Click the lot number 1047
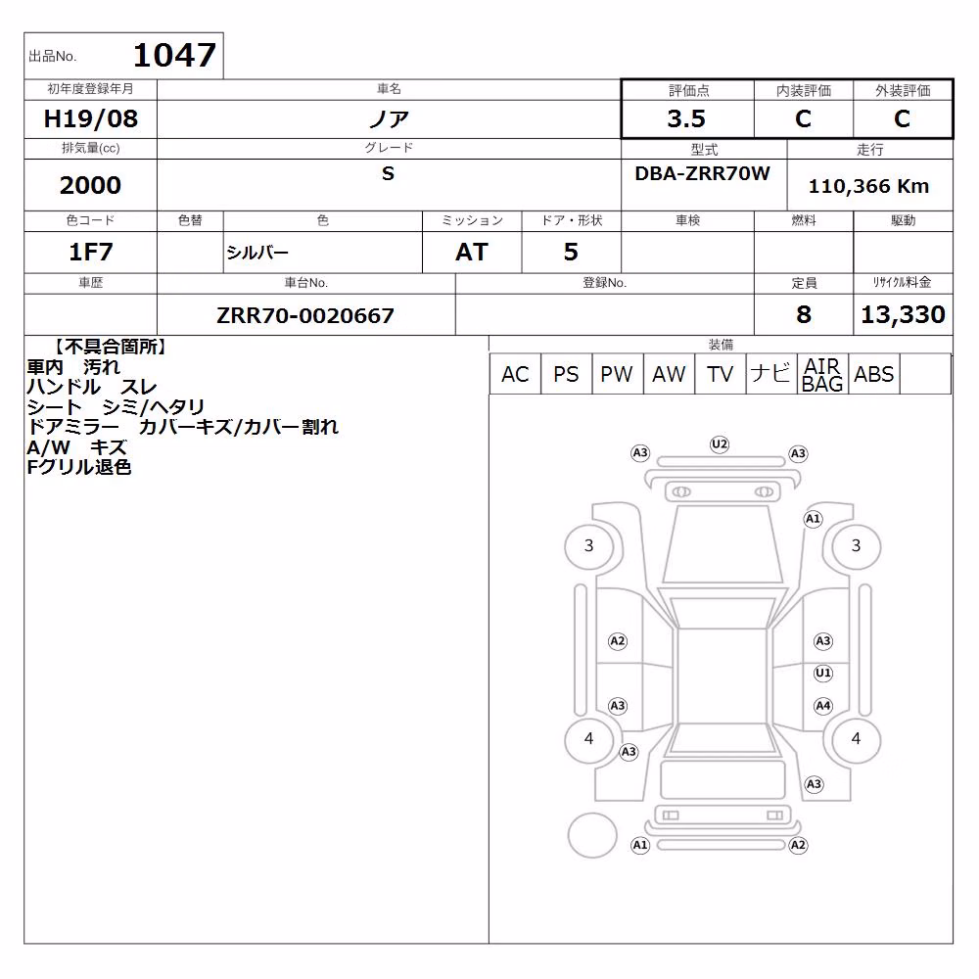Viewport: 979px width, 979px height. pos(175,55)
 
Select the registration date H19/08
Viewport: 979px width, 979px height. pos(90,118)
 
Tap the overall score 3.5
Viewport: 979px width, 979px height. pos(686,118)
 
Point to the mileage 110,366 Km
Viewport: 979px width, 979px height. pos(868,186)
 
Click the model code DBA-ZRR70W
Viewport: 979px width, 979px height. pos(702,173)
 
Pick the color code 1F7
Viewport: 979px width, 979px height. pos(90,252)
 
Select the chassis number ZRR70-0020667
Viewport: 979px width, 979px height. pos(305,315)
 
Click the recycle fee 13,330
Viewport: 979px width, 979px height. pos(903,314)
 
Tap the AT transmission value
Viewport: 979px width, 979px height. pos(472,252)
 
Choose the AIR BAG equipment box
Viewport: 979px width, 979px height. pos(822,374)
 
